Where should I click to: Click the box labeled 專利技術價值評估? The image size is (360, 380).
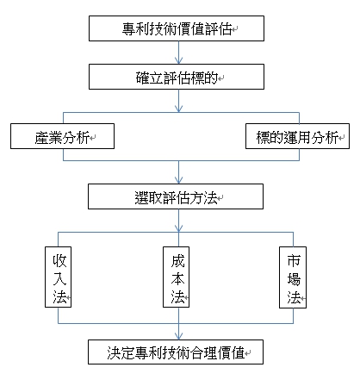(177, 28)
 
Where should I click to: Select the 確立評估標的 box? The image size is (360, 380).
(177, 77)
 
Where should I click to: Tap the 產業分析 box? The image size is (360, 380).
(62, 136)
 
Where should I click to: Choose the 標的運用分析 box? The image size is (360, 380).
(297, 136)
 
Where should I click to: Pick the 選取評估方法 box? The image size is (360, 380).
(176, 196)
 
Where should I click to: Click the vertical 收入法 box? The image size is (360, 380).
(58, 277)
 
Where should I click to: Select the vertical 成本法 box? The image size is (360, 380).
(176, 277)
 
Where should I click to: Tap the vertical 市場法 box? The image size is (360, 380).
(293, 277)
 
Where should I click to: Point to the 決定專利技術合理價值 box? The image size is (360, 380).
(176, 352)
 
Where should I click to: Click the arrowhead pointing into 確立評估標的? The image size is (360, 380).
(178, 60)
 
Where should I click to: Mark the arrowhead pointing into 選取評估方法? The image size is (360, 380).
(178, 180)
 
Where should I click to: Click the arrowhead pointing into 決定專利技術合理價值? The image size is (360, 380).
(178, 336)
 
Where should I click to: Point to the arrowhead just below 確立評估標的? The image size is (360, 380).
(178, 109)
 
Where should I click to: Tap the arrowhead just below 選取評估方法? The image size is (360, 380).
(178, 228)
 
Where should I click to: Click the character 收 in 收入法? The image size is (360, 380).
(59, 260)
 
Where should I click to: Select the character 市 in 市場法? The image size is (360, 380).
(294, 260)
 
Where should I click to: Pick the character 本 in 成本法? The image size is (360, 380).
(177, 278)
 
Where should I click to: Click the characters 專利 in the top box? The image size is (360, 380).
(136, 29)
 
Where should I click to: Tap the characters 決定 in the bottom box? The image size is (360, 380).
(121, 352)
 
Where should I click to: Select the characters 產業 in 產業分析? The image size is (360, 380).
(48, 137)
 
